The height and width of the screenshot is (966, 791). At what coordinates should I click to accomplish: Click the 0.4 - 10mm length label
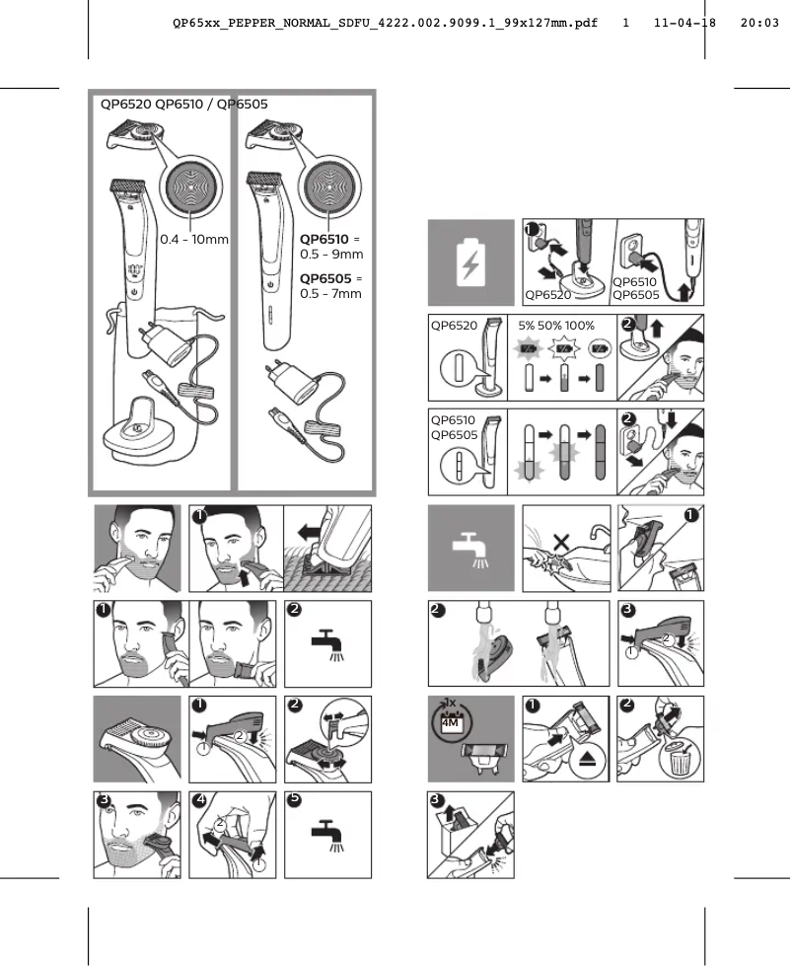tap(194, 240)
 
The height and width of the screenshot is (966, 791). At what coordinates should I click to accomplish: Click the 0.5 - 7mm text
tap(330, 294)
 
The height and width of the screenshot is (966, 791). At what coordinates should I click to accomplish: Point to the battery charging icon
tap(471, 262)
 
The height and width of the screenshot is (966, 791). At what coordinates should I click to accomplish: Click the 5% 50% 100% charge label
tap(556, 325)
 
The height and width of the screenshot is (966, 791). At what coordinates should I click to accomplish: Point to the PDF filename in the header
tap(385, 21)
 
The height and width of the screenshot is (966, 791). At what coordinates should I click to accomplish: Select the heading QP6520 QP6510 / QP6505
tap(183, 104)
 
